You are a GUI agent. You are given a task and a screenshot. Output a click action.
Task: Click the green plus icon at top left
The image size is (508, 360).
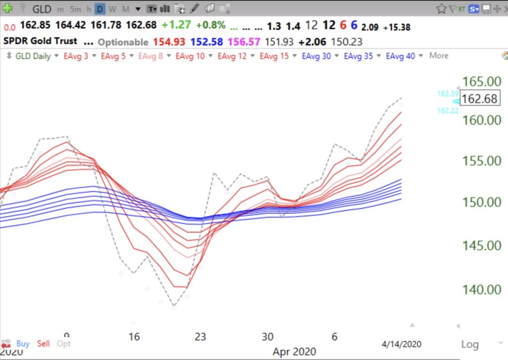8,8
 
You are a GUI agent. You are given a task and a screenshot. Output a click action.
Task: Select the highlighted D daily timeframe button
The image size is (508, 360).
100,9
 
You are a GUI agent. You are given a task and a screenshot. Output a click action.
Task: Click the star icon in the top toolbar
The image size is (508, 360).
441,8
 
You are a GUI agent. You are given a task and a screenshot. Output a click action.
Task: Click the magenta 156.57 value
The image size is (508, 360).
243,42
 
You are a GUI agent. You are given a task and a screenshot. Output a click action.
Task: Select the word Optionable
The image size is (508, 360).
123,42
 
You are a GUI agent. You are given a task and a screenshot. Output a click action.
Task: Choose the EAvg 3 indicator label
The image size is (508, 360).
76,56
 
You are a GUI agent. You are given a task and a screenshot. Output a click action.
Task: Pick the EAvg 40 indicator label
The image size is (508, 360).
400,56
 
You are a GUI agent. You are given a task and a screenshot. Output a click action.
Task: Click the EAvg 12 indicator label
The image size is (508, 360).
232,56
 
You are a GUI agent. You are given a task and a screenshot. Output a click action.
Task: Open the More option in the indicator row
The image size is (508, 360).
439,56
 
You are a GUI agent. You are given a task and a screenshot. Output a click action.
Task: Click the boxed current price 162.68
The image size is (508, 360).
479,99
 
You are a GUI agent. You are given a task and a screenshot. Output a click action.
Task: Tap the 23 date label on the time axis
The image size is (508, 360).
200,337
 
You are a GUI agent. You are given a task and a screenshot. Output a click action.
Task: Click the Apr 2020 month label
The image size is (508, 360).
294,351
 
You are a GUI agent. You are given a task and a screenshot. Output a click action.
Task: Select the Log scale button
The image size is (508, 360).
469,344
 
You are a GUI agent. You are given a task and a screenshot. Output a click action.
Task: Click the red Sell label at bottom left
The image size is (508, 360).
44,343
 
